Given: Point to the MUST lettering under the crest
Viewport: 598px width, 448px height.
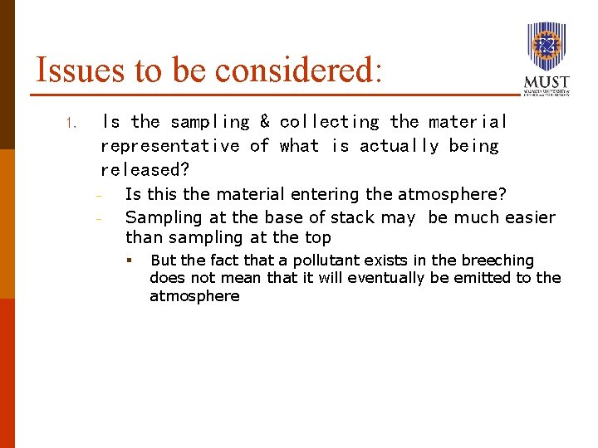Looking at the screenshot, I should click(547, 82).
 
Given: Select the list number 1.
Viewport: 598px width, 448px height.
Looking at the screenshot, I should click(71, 124).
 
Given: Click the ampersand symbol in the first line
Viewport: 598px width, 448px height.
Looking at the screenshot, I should click(264, 122).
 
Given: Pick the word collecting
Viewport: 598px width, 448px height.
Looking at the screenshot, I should click(330, 122).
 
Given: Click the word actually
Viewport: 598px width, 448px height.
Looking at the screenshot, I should click(399, 146).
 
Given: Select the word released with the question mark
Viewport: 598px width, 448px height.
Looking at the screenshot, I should click(145, 170).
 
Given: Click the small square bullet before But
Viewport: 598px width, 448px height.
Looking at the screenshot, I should click(130, 261).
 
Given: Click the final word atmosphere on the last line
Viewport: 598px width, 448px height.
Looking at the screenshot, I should click(194, 296).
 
